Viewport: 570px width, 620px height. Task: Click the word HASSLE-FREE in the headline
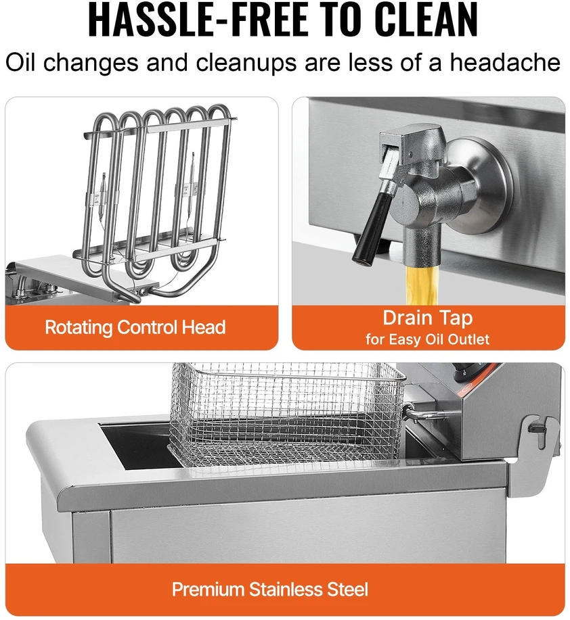(197, 20)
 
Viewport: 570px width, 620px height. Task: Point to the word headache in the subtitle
(505, 62)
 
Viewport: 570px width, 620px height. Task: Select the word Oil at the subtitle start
(20, 62)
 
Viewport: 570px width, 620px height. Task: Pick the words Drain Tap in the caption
(428, 318)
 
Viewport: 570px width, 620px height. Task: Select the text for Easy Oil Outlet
(428, 339)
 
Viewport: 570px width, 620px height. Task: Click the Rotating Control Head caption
(135, 327)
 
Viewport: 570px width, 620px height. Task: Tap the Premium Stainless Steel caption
(270, 589)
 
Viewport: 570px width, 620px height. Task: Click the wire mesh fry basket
(287, 415)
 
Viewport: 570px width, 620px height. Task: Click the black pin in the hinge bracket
(538, 429)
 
